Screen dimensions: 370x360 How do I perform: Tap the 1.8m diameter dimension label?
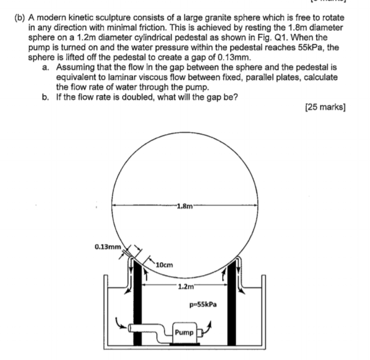[x=184, y=206]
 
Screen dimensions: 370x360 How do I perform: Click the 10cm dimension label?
[x=164, y=265]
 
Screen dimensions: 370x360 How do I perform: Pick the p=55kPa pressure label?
[x=203, y=305]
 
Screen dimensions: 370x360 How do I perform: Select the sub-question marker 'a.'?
[x=45, y=67]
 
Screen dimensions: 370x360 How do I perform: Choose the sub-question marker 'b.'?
[x=45, y=97]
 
